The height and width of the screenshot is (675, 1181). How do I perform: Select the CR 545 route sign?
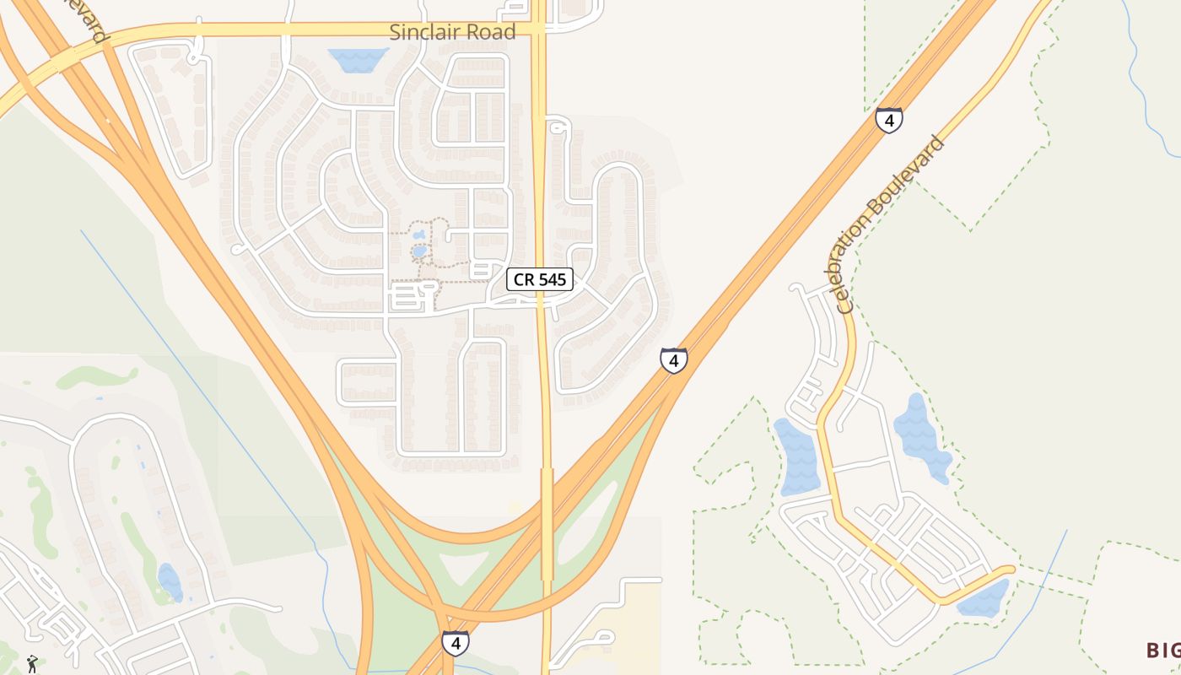click(540, 279)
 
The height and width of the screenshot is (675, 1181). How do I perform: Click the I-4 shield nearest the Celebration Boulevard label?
click(888, 120)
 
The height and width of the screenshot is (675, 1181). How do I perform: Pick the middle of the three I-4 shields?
click(673, 360)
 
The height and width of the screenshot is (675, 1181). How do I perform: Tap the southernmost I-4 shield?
click(456, 643)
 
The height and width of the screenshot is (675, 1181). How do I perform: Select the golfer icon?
click(32, 663)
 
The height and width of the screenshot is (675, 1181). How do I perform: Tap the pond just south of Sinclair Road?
click(358, 59)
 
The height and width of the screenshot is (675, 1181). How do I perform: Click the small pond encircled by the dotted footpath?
click(419, 251)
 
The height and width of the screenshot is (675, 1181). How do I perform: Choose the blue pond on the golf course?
click(170, 582)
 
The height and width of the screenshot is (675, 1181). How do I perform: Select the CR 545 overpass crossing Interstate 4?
click(547, 523)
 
